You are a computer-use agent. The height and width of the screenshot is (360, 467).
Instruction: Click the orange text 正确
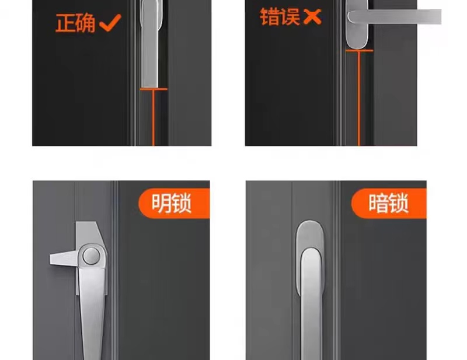tap(75, 24)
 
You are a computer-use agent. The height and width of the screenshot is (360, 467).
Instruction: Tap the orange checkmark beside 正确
tap(110, 24)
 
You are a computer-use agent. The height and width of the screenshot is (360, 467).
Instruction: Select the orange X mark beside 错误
tap(313, 17)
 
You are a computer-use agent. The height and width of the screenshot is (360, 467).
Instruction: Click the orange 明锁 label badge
tap(173, 204)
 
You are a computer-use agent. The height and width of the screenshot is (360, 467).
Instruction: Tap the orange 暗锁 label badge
tap(388, 204)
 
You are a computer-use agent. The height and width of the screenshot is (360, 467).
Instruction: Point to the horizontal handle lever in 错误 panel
tap(403, 16)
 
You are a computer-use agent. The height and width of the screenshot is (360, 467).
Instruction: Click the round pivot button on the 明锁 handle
tap(90, 255)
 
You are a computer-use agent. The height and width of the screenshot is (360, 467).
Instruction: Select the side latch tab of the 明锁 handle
tap(63, 257)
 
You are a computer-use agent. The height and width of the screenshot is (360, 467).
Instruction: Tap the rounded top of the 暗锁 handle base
tap(310, 230)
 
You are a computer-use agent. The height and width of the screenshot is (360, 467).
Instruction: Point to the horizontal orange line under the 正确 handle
tap(154, 89)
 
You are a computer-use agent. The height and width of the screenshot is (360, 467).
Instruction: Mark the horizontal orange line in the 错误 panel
tap(359, 51)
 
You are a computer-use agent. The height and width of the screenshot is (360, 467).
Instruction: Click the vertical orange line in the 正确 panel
tap(154, 117)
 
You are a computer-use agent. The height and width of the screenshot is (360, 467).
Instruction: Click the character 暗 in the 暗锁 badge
tap(377, 204)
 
